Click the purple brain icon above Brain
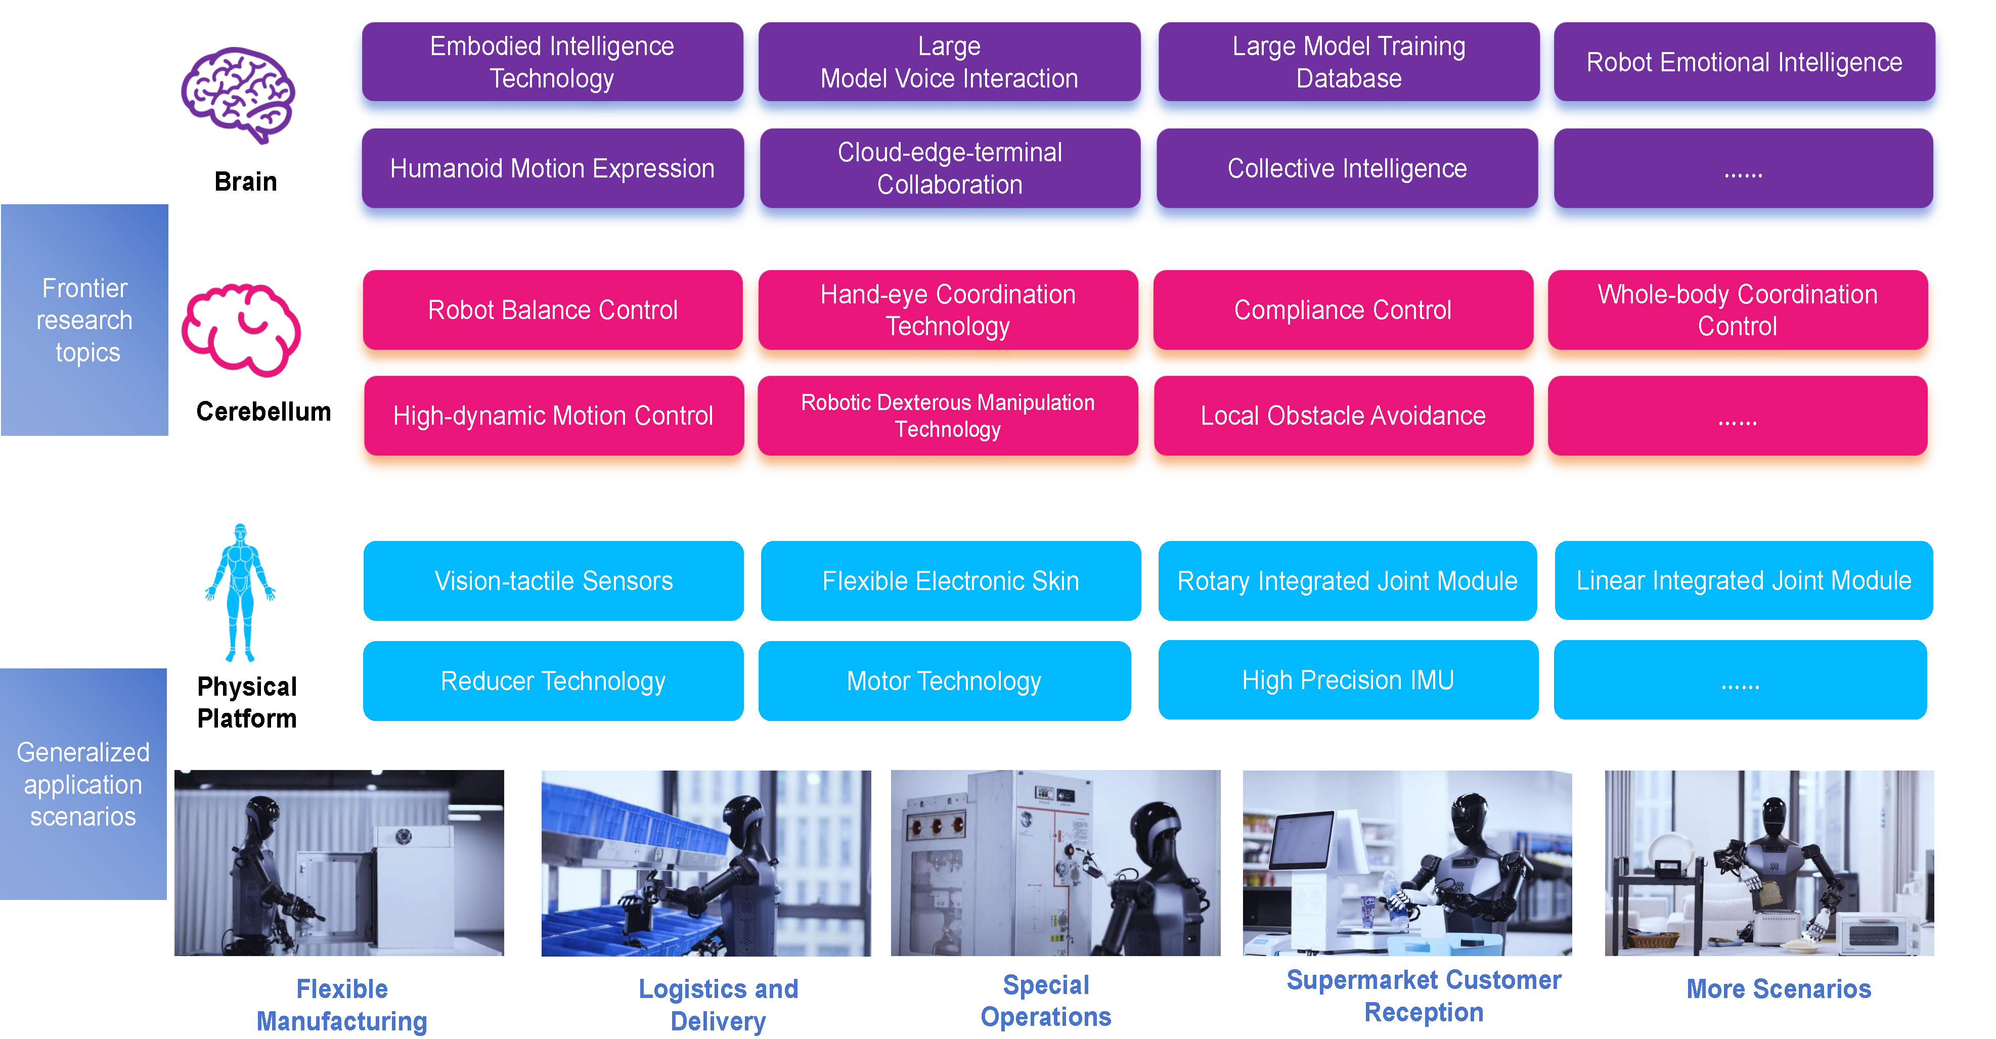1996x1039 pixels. coord(238,95)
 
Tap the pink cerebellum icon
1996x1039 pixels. coord(241,330)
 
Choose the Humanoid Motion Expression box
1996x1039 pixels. coord(552,168)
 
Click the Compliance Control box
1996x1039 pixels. coord(1342,310)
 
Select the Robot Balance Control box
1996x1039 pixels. coord(552,310)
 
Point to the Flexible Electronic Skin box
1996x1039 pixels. coord(950,581)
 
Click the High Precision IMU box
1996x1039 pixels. coord(1348,680)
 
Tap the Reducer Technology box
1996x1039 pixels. coord(552,681)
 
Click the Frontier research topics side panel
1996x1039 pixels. coord(84,320)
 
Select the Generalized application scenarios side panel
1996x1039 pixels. coord(83,784)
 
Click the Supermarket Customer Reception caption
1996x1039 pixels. coord(1424,996)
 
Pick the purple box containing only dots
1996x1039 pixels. coord(1743,168)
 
